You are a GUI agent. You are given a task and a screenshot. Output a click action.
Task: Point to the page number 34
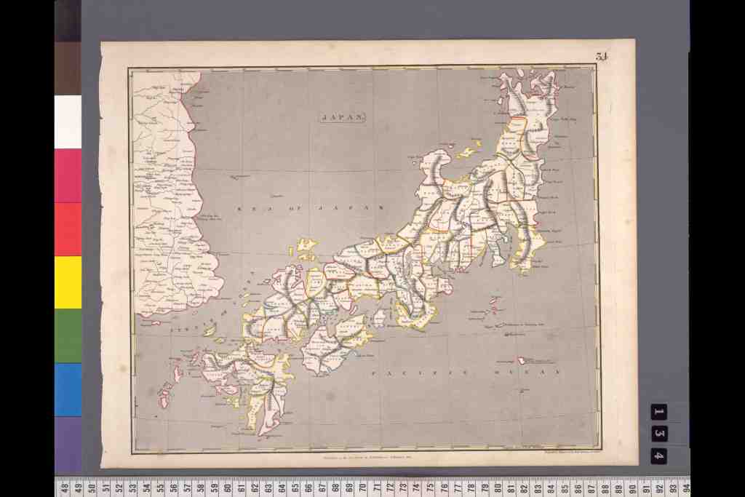click(601, 57)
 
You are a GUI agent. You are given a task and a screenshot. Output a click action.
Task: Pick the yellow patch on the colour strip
click(68, 282)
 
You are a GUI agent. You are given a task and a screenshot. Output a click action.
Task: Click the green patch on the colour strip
click(68, 335)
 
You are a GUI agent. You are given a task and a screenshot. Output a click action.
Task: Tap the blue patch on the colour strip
click(68, 389)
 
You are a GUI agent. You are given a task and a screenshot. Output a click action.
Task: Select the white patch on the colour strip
click(68, 122)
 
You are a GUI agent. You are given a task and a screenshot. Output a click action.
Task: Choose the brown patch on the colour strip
click(68, 68)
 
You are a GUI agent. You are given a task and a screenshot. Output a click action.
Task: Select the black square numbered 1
click(658, 412)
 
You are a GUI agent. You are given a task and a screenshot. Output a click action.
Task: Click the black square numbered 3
click(658, 434)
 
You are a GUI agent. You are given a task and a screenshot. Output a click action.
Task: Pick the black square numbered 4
click(658, 456)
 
